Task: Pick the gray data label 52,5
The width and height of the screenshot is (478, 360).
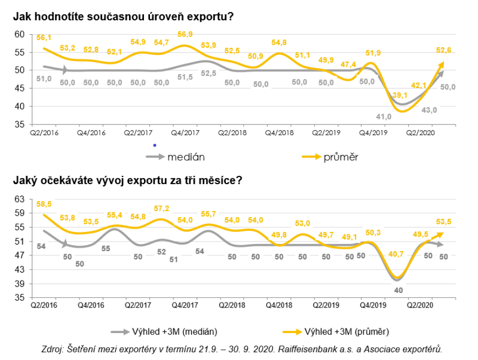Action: tap(209, 73)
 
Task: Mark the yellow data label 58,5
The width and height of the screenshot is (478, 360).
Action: tap(44, 204)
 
